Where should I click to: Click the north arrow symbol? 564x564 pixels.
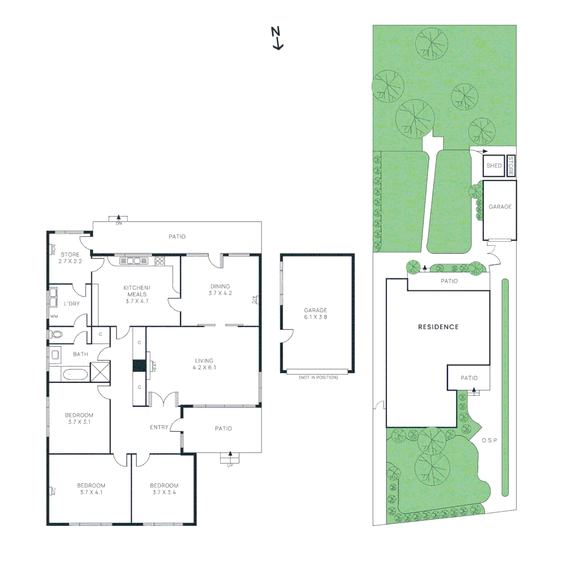click(x=277, y=38)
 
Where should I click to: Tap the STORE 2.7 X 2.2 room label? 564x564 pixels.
click(x=69, y=257)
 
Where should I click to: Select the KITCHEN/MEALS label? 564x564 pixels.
click(x=137, y=294)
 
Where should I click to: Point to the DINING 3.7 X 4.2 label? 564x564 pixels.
click(x=220, y=289)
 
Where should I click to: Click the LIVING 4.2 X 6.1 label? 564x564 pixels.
click(x=204, y=364)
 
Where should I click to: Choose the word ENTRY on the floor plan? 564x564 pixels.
click(x=159, y=427)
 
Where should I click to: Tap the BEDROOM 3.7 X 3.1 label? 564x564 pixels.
click(x=79, y=418)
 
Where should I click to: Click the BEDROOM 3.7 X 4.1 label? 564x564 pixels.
click(x=91, y=488)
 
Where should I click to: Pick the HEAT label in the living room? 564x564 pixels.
click(x=154, y=367)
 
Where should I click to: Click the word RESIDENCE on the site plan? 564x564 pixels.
click(x=438, y=327)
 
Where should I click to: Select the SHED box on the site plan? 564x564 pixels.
click(x=494, y=166)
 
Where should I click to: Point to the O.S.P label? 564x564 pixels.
click(x=489, y=440)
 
